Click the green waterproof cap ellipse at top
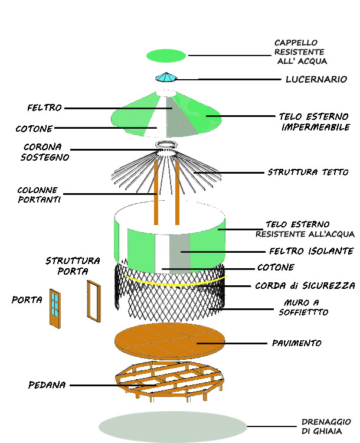pos(166,56)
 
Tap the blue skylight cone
pos(166,77)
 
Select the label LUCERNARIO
pos(316,79)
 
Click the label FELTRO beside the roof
pos(45,108)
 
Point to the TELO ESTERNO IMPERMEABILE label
pos(314,122)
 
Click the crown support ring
pos(167,145)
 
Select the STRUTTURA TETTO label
pos(307,172)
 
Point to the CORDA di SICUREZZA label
pos(305,286)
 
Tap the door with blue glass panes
pos(55,307)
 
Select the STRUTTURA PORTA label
pos(73,266)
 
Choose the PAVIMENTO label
pos(296,343)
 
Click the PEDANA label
pos(47,385)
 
